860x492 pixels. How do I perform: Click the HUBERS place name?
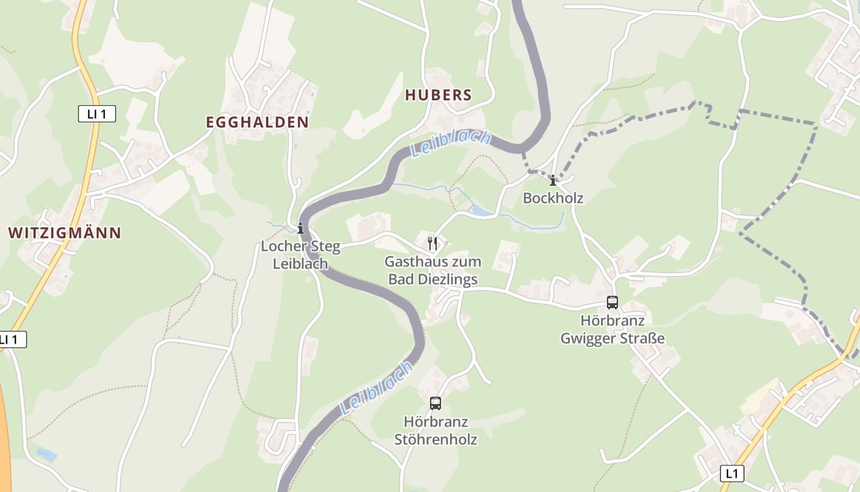[x=439, y=95]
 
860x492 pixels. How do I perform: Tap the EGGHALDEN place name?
[x=257, y=122]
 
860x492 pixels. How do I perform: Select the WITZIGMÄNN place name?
[x=64, y=232]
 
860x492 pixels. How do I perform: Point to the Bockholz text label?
[x=553, y=197]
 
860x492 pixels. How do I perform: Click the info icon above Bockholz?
[x=553, y=180]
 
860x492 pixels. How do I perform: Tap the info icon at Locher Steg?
[x=300, y=228]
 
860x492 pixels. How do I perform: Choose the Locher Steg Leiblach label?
[x=300, y=255]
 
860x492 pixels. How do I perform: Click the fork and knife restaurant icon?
[x=433, y=244]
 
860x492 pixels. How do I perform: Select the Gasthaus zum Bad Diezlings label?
[x=433, y=271]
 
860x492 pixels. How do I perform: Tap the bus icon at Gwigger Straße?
[x=612, y=302]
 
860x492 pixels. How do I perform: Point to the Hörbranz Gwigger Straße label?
[x=612, y=330]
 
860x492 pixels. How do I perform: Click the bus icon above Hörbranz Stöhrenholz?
[x=436, y=403]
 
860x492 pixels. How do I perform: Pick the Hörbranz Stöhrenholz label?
[x=436, y=430]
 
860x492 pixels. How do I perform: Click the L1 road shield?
[x=731, y=474]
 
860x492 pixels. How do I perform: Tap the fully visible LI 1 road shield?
[x=97, y=113]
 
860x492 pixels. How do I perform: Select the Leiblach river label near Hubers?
[x=450, y=145]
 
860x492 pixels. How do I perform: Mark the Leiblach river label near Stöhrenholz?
[x=376, y=389]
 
